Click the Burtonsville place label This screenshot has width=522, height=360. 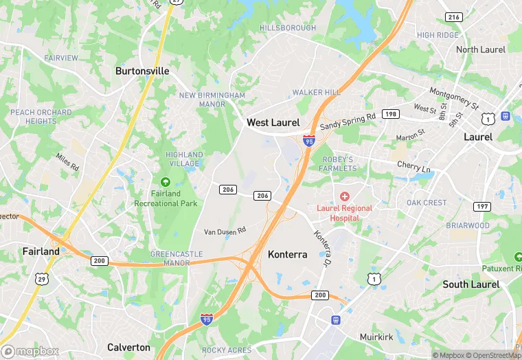click(142, 71)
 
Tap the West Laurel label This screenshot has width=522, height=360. click(273, 122)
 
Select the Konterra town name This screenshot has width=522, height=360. click(288, 254)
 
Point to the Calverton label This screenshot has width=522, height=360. click(128, 347)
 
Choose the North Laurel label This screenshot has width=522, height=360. click(481, 49)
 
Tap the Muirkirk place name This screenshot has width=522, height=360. click(376, 337)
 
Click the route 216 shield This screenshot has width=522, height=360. click(453, 17)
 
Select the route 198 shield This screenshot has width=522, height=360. click(391, 114)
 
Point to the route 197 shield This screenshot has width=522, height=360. click(482, 207)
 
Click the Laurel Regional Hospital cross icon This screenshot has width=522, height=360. click(345, 196)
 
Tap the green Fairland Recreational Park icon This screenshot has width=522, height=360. click(165, 182)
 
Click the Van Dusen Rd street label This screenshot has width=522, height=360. click(225, 232)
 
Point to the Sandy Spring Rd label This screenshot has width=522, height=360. click(348, 122)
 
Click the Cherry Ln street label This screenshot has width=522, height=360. click(413, 166)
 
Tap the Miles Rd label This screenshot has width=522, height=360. click(67, 163)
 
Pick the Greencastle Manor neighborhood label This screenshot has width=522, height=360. click(177, 258)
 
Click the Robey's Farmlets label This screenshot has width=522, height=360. click(337, 164)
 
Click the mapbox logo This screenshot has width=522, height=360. click(30, 351)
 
